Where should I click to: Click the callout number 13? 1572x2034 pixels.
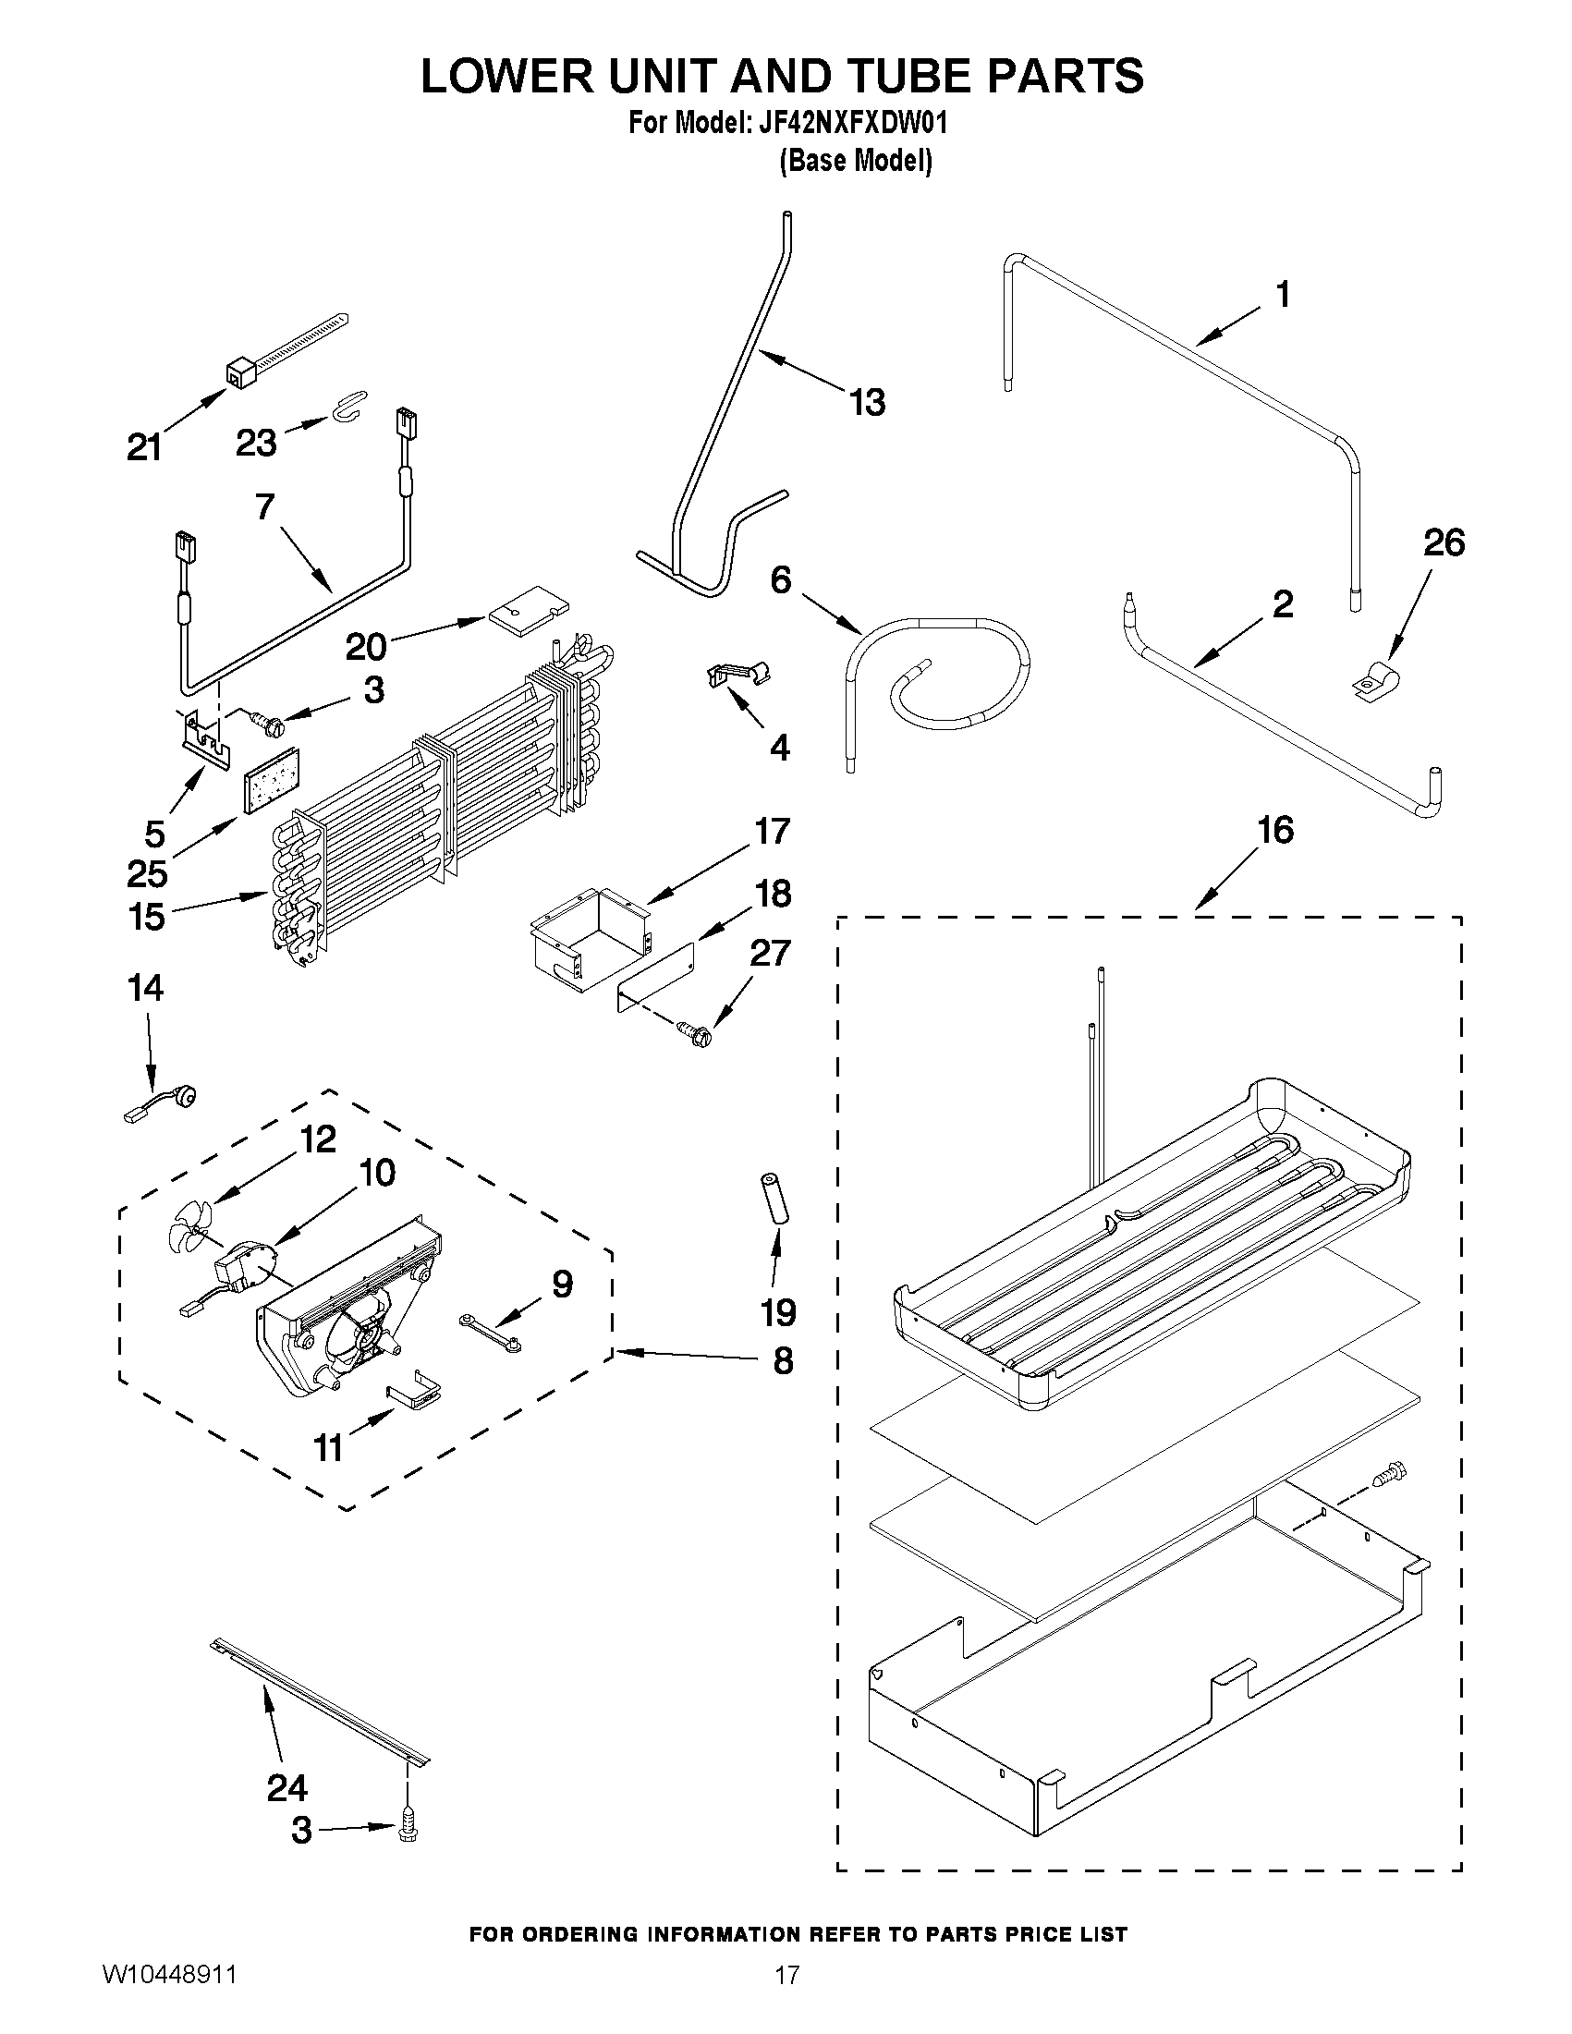pyautogui.click(x=866, y=402)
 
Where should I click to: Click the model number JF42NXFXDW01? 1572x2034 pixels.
pyautogui.click(x=847, y=122)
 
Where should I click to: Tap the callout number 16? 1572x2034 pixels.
pyautogui.click(x=1275, y=830)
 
